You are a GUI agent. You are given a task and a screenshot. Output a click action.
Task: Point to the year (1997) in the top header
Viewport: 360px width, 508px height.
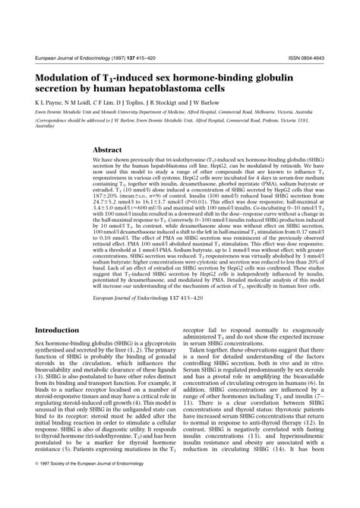click(x=115, y=57)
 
